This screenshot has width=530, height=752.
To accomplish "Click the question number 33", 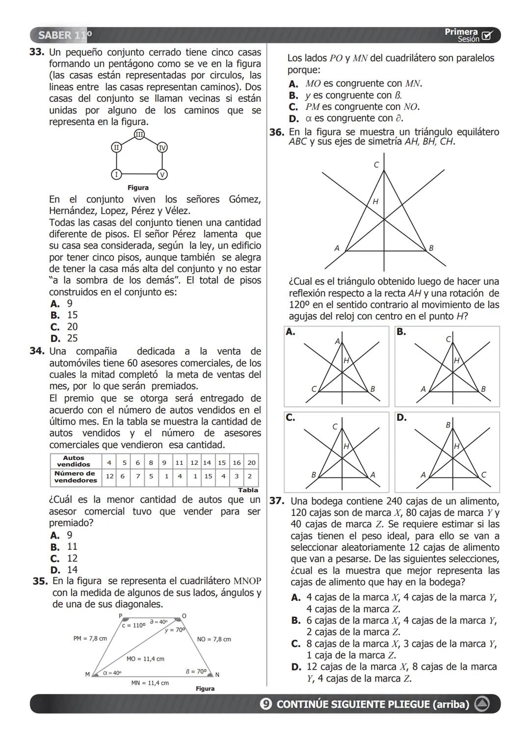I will point(37,52).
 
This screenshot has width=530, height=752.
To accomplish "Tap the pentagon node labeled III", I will point(139,134).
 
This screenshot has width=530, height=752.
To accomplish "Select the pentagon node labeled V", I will point(162,174).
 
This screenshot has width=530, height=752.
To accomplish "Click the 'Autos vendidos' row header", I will point(74,461).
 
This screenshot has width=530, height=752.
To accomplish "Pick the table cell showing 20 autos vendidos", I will point(252,462).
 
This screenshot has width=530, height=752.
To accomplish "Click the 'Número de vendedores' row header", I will point(75,477).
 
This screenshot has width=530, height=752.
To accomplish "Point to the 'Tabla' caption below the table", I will point(248,490).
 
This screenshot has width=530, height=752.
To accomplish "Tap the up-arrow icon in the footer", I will point(482,704).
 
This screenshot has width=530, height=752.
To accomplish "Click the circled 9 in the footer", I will point(265,704).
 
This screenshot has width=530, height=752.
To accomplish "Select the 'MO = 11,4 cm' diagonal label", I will point(145,659).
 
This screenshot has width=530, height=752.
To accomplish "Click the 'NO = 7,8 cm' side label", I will point(214,639).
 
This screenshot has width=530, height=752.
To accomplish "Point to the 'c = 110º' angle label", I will point(134,626).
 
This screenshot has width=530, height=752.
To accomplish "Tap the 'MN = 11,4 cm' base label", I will point(150,683).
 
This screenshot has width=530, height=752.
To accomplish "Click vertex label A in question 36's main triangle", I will point(337,248).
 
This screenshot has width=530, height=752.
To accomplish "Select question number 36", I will point(277,132).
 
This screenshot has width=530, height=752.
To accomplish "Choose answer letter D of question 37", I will point(296,667).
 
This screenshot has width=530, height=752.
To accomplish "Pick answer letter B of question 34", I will point(54,547).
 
